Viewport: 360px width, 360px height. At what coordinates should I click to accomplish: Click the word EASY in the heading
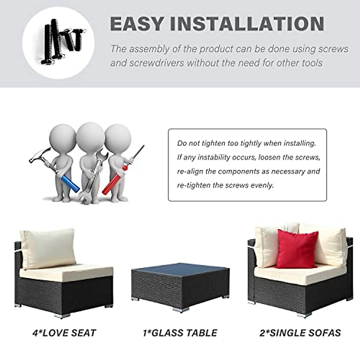pyautogui.click(x=137, y=24)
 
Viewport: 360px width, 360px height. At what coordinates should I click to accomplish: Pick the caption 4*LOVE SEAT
pyautogui.click(x=64, y=333)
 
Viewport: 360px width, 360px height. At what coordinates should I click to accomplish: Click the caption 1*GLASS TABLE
pyautogui.click(x=180, y=333)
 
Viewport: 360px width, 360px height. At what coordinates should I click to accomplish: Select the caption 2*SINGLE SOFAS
pyautogui.click(x=300, y=333)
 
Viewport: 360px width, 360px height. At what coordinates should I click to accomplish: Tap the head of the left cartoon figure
pyautogui.click(x=62, y=138)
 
